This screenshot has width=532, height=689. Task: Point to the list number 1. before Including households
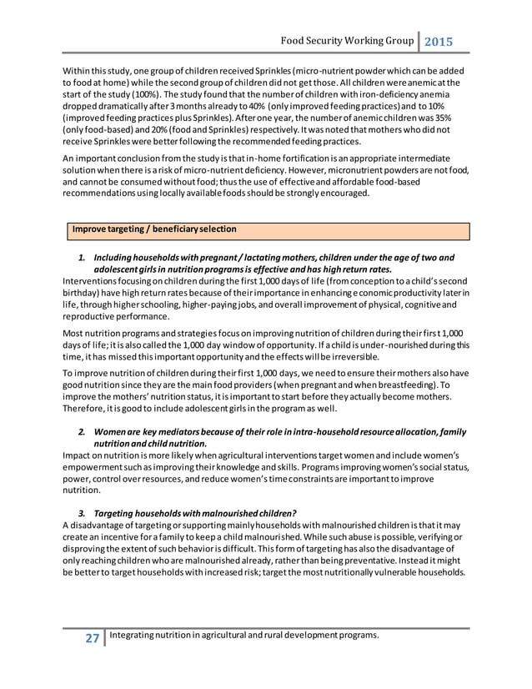83,258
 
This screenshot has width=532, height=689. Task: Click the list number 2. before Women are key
83,432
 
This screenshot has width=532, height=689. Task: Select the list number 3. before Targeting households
83,511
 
